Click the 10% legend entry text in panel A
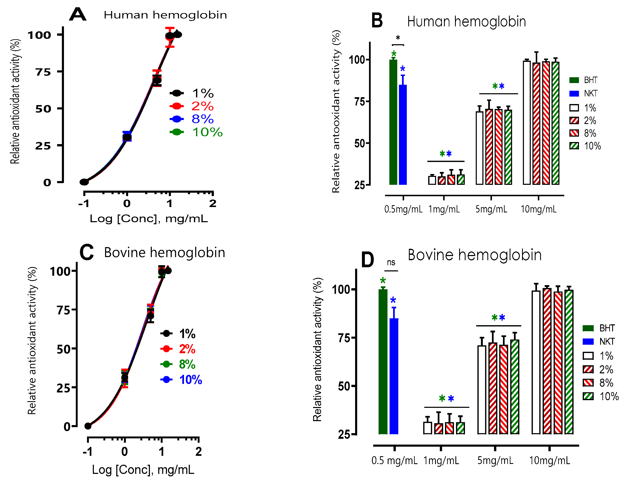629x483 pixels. tap(207, 132)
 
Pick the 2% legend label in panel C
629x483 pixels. tap(187, 349)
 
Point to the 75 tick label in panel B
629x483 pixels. tap(359, 102)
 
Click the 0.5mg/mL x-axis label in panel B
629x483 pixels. tap(403, 209)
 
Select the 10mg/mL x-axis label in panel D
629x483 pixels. tap(549, 461)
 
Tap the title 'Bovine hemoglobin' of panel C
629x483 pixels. tap(164, 253)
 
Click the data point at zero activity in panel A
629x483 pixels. tap(84, 182)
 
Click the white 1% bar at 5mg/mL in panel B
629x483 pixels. tap(479, 148)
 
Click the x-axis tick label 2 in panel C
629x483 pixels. tap(198, 452)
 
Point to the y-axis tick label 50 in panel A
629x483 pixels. tap(43, 109)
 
